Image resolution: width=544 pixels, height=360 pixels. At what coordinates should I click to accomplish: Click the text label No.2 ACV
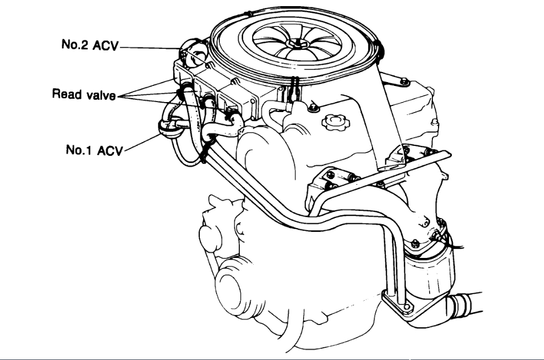pyautogui.click(x=89, y=45)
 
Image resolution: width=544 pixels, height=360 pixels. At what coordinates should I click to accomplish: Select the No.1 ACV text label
pyautogui.click(x=92, y=150)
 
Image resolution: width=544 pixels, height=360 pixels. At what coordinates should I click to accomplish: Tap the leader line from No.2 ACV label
pyautogui.click(x=150, y=48)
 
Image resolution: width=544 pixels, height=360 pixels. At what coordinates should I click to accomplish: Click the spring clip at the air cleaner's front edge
pyautogui.click(x=293, y=83)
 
